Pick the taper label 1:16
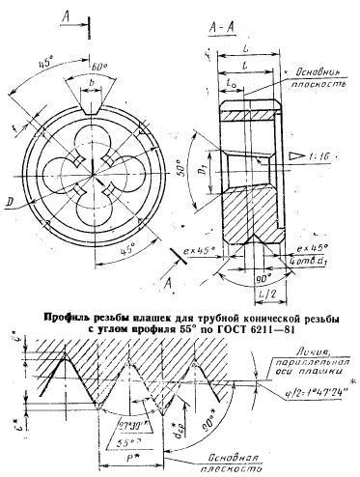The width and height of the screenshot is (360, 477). pyautogui.click(x=327, y=154)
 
